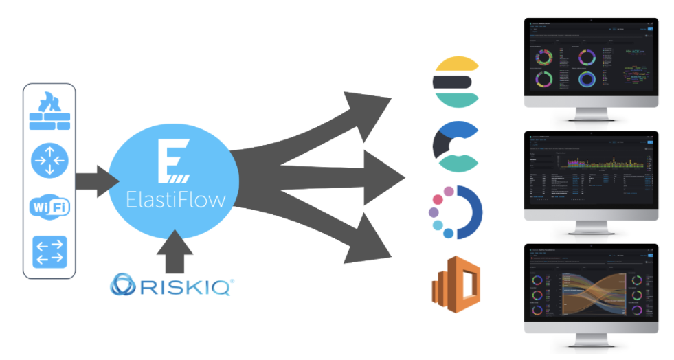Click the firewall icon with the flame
49,113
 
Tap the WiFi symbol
49,207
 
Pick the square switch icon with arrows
49,251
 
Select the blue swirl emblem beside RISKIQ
128,286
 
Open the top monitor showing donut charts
591,63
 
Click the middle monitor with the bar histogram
591,172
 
